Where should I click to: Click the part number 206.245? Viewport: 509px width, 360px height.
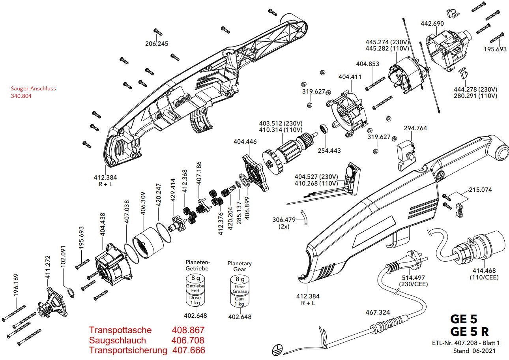coord(157,44)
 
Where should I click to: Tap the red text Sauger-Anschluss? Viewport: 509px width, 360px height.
coord(34,88)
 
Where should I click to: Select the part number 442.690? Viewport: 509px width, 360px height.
coord(432,24)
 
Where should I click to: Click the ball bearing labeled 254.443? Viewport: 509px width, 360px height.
coord(324,129)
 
